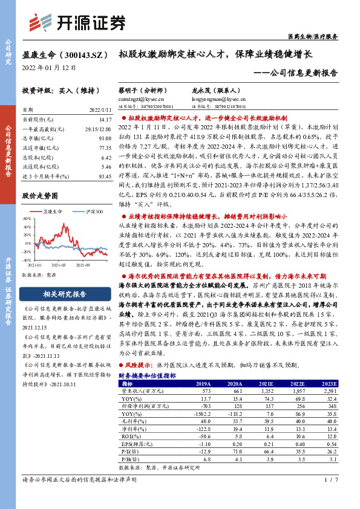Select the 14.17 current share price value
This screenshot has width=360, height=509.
pyautogui.click(x=105, y=120)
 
